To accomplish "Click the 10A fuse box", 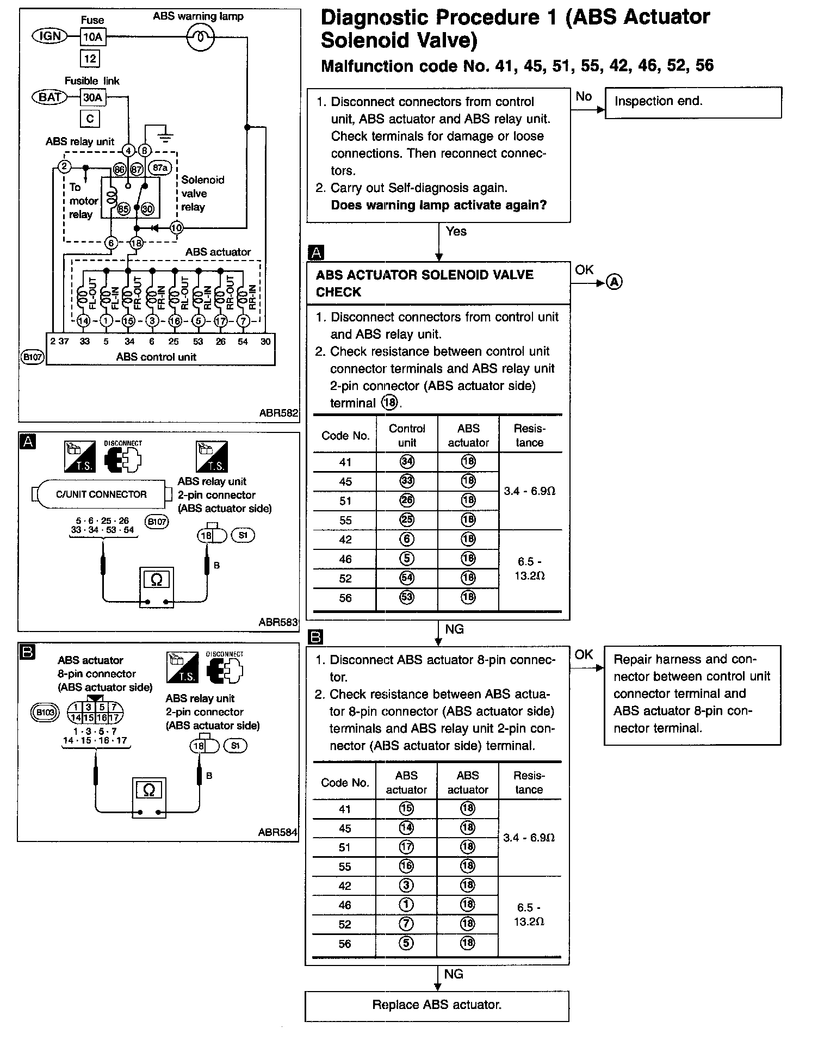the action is [92, 37].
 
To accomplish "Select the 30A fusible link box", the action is [92, 98].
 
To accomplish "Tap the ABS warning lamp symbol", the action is [200, 37].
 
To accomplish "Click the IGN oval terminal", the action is [50, 36].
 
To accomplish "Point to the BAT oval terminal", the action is [50, 97].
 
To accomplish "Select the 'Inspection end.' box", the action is [693, 102].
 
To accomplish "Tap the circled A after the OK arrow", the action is [614, 282].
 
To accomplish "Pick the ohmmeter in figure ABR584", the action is [149, 796].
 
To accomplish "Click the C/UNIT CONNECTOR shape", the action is [101, 494].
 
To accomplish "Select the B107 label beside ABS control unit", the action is [33, 357].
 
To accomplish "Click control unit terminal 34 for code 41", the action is [407, 462].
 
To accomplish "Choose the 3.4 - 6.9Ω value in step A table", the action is [529, 491].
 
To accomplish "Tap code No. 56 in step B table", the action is [345, 944].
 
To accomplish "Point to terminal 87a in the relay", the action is [160, 168].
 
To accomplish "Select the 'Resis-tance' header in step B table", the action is [529, 782].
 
